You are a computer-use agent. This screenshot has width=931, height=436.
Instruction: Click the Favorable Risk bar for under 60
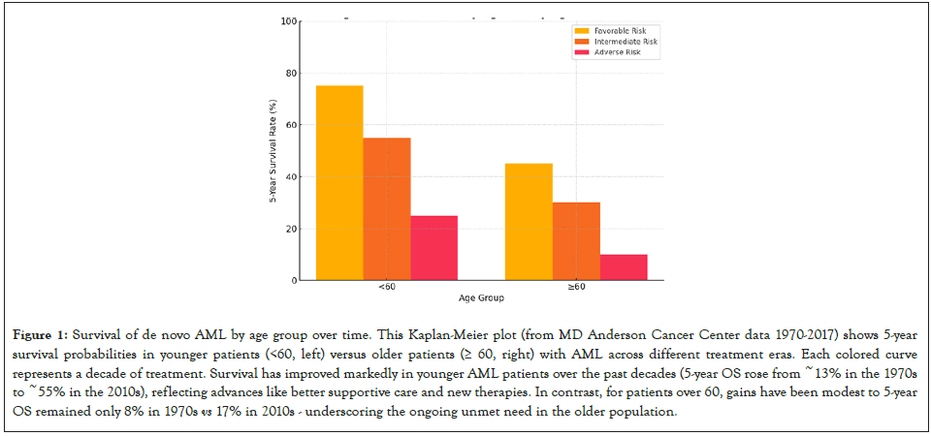(339, 183)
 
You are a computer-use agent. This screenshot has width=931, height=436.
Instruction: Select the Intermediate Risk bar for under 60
(387, 209)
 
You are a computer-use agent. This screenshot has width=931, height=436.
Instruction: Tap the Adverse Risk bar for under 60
(433, 248)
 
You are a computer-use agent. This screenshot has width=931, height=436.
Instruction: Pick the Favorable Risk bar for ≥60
(529, 222)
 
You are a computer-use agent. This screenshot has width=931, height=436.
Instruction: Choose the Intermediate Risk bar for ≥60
(576, 241)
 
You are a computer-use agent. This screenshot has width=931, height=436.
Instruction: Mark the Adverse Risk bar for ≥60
(624, 267)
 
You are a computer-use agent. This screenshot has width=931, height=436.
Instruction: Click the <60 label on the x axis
(387, 288)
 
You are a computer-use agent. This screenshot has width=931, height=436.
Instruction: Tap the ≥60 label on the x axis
(576, 288)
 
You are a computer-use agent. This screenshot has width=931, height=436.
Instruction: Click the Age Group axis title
(481, 297)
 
